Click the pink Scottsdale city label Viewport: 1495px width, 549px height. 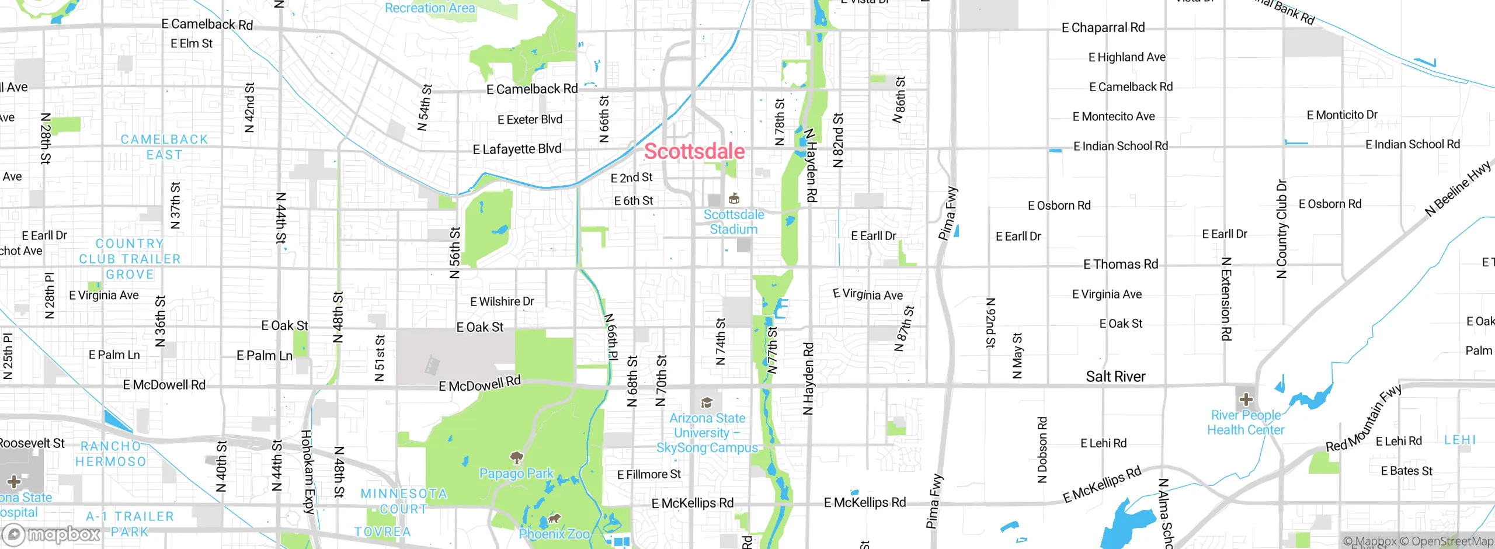pos(694,151)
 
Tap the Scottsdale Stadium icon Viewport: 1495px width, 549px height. pos(734,199)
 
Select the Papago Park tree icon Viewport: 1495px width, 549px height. pos(516,457)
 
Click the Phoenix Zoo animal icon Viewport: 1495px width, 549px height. pos(554,518)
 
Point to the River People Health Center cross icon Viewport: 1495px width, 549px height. pos(1246,399)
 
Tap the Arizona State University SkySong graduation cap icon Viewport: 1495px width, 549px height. pos(707,402)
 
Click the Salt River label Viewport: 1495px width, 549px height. pos(1115,377)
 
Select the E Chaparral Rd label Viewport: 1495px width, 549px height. pos(1103,27)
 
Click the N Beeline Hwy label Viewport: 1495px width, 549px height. pos(1458,189)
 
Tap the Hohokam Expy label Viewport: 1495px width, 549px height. pos(308,471)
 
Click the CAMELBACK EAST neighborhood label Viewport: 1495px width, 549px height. pos(164,147)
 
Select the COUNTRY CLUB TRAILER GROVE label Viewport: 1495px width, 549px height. pos(130,259)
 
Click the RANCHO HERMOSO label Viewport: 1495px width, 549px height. pos(110,454)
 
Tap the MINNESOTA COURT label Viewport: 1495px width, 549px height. pos(403,501)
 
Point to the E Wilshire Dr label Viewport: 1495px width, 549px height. pos(502,301)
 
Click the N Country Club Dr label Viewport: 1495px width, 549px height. pos(1281,229)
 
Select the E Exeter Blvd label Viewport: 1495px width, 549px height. pos(530,120)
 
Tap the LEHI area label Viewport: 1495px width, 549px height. pos(1460,440)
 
